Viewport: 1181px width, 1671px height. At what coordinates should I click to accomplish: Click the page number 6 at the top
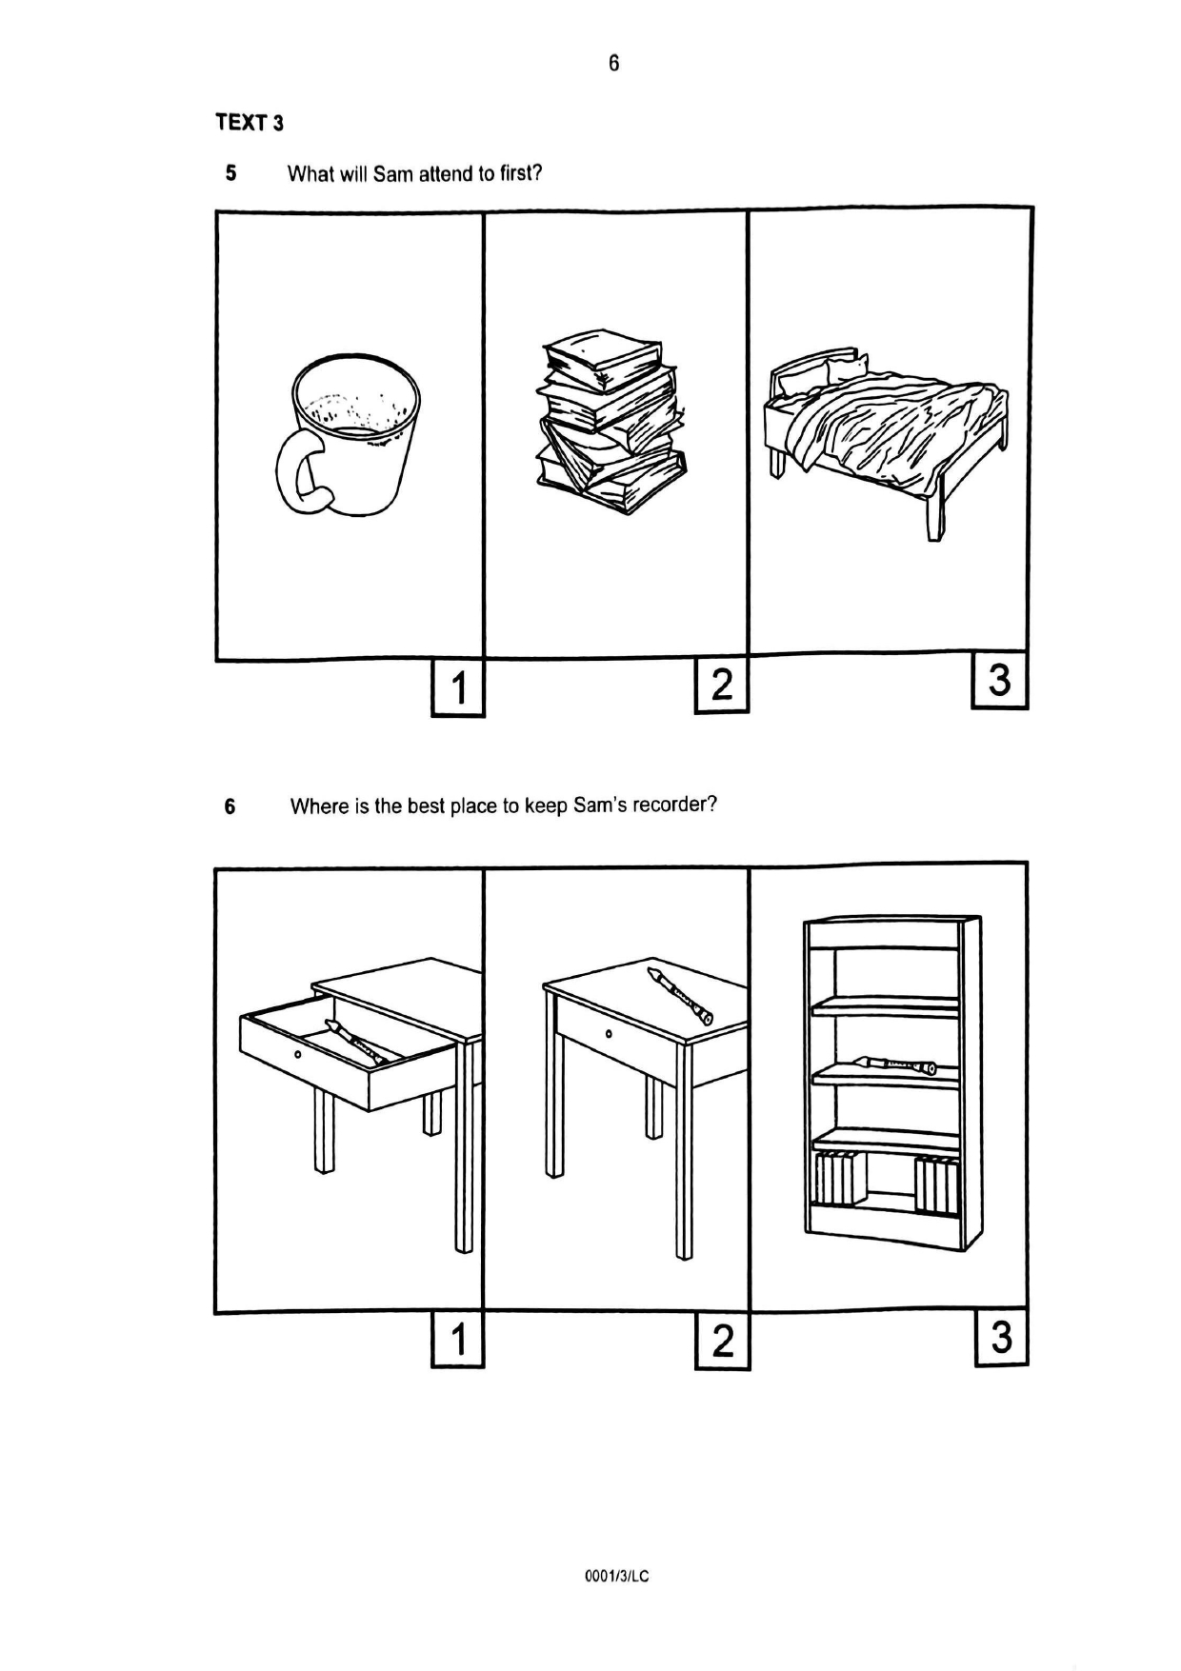pyautogui.click(x=613, y=63)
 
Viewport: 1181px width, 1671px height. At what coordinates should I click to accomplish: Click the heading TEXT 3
pyautogui.click(x=250, y=123)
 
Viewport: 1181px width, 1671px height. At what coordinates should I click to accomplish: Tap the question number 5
pyautogui.click(x=230, y=173)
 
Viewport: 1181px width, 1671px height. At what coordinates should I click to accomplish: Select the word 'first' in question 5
pyautogui.click(x=519, y=173)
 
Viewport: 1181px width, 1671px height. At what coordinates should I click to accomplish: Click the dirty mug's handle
pyautogui.click(x=297, y=472)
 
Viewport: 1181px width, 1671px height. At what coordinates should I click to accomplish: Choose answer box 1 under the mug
pyautogui.click(x=458, y=687)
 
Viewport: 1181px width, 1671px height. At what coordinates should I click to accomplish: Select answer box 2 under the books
pyautogui.click(x=722, y=685)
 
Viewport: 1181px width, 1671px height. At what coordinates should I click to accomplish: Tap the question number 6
pyautogui.click(x=230, y=806)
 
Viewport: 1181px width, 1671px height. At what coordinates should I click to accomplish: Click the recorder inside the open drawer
pyautogui.click(x=355, y=1043)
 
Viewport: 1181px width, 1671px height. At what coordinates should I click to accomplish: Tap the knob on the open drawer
pyautogui.click(x=298, y=1054)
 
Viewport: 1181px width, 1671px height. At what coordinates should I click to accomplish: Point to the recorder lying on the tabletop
pyautogui.click(x=679, y=995)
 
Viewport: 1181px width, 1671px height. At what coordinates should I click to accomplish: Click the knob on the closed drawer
pyautogui.click(x=608, y=1035)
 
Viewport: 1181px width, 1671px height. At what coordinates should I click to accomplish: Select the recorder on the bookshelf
pyautogui.click(x=895, y=1064)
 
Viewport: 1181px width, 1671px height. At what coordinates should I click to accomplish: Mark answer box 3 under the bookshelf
pyautogui.click(x=1001, y=1338)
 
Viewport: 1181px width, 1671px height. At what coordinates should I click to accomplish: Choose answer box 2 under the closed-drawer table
pyautogui.click(x=723, y=1342)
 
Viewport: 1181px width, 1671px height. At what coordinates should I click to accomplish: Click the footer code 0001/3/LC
pyautogui.click(x=616, y=1577)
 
